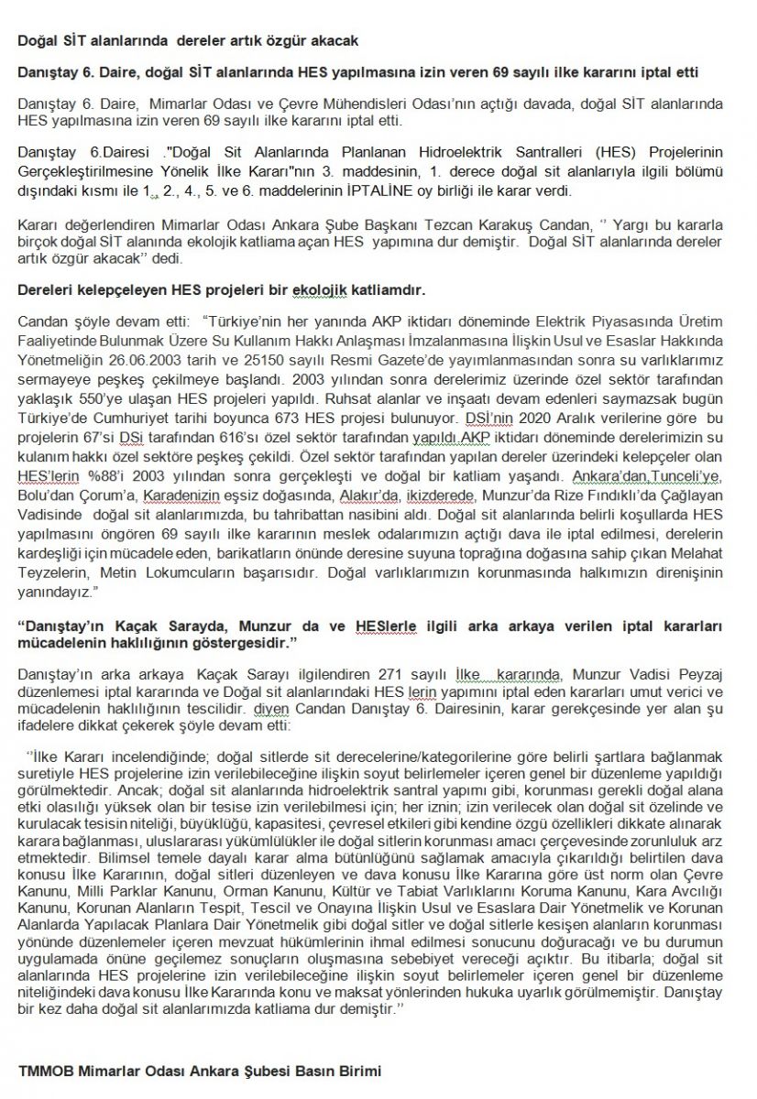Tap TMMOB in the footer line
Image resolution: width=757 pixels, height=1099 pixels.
[x=43, y=1070]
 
